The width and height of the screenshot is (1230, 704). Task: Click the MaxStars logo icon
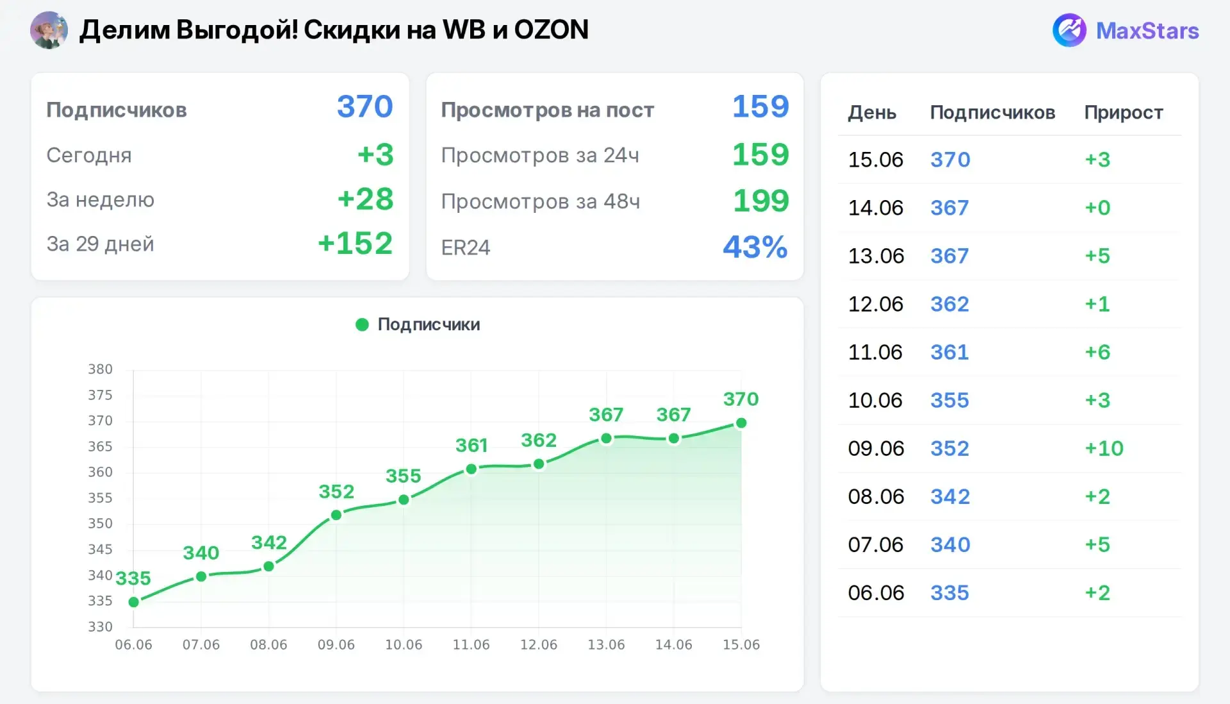tap(1069, 30)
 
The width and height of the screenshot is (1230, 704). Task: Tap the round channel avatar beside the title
tap(49, 30)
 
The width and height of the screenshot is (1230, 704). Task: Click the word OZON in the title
tap(551, 30)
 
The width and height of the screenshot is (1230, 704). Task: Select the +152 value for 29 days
tap(355, 244)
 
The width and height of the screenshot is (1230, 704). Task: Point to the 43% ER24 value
tap(755, 247)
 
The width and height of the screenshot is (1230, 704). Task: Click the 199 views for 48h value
tap(761, 201)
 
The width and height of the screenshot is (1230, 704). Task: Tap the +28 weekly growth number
tap(365, 199)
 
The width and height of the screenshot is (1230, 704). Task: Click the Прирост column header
tap(1124, 112)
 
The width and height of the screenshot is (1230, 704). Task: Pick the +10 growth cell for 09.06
tap(1104, 448)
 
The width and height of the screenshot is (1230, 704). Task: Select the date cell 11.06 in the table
tap(875, 352)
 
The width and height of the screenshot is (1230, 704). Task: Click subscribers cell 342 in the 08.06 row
tap(950, 496)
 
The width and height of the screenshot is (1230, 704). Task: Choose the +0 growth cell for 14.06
tap(1097, 208)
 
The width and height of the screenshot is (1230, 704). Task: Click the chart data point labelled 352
tap(336, 515)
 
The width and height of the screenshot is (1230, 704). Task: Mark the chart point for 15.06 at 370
tap(741, 423)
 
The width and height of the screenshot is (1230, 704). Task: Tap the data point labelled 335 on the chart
tap(134, 602)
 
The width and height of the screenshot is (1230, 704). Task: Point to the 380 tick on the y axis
tap(100, 369)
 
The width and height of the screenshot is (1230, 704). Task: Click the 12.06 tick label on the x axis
tap(539, 645)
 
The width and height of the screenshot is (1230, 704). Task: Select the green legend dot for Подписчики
tap(362, 324)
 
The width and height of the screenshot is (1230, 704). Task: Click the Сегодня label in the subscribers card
tap(89, 155)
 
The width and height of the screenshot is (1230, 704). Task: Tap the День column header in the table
tap(872, 113)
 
